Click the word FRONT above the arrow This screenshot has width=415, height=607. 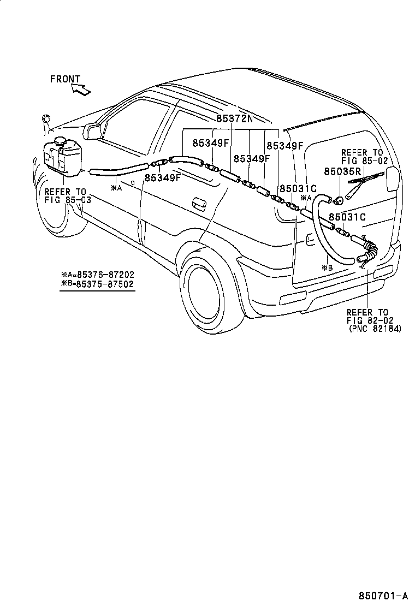tap(65, 79)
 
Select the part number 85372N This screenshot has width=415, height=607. tap(231, 118)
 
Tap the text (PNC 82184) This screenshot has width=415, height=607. tap(375, 329)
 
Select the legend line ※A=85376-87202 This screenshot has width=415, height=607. tap(98, 275)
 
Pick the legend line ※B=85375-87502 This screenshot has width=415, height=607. tap(98, 284)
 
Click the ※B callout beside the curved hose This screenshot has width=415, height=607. tap(327, 267)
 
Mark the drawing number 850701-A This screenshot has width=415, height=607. tap(383, 595)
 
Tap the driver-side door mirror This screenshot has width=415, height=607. tap(93, 132)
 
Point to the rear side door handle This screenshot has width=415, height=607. tap(199, 204)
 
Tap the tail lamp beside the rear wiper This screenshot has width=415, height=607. tap(392, 179)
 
